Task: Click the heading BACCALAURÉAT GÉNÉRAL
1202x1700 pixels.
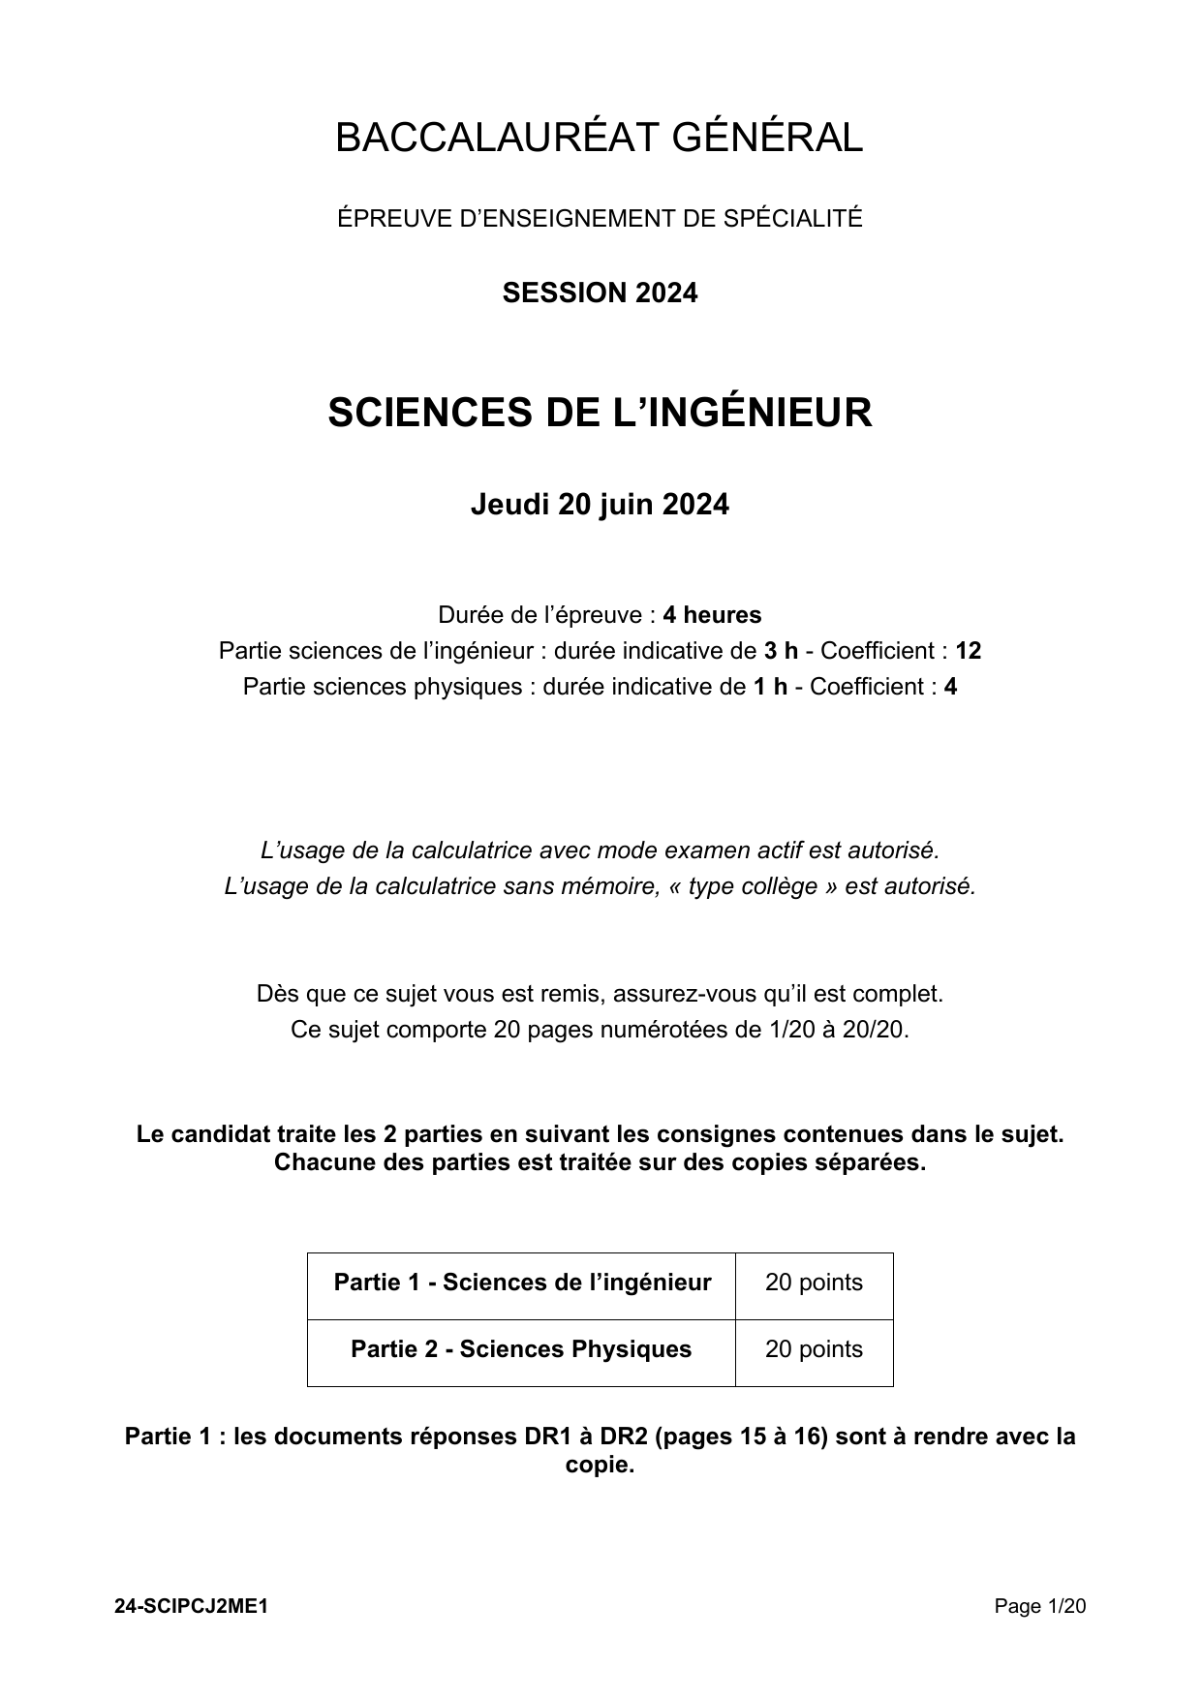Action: click(599, 139)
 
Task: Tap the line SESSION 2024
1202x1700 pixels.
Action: click(600, 293)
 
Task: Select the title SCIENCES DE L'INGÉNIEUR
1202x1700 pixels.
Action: click(600, 413)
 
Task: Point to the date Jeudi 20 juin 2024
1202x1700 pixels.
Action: click(600, 505)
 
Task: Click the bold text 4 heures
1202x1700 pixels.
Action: click(712, 615)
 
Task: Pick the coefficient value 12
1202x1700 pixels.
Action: click(968, 651)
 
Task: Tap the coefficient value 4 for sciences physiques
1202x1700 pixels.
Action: click(950, 687)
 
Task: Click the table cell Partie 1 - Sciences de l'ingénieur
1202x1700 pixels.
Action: click(522, 1283)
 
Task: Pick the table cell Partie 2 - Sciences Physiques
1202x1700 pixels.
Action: click(521, 1349)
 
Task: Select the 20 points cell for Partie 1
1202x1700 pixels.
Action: click(814, 1283)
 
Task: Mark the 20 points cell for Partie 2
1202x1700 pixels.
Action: click(814, 1349)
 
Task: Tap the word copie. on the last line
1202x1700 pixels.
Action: click(600, 1465)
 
